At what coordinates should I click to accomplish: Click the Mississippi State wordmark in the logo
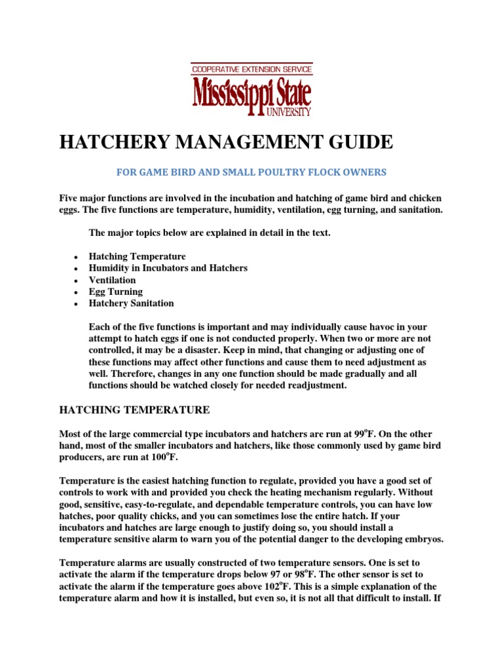pyautogui.click(x=251, y=93)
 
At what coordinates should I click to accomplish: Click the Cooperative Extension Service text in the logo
pyautogui.click(x=251, y=68)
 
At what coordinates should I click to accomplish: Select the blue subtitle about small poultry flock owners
pyautogui.click(x=251, y=172)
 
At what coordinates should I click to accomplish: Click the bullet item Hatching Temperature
pyautogui.click(x=137, y=256)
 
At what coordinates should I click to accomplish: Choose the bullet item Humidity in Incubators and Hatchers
pyautogui.click(x=168, y=268)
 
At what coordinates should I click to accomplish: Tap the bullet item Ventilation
pyautogui.click(x=112, y=280)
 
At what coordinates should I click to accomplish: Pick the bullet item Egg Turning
pyautogui.click(x=115, y=292)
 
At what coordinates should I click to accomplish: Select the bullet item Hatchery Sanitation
pyautogui.click(x=131, y=303)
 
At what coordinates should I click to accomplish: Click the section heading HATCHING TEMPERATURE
pyautogui.click(x=134, y=410)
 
